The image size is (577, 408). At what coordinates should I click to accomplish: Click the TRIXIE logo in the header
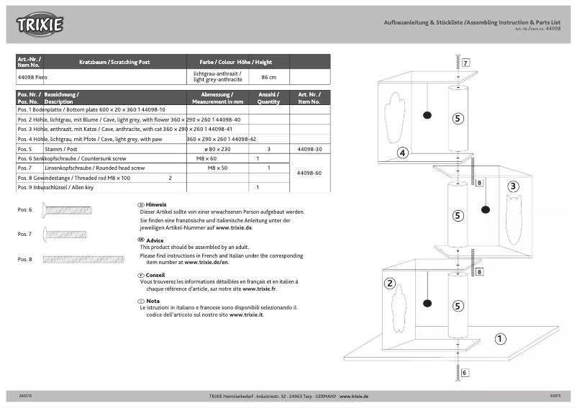pos(40,25)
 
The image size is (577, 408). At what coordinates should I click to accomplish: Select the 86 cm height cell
pos(268,77)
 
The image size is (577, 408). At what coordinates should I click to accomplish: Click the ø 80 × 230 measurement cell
pos(217,149)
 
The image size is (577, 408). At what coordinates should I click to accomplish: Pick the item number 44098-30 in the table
pos(309,149)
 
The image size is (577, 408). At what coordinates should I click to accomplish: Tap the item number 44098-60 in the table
pos(309,173)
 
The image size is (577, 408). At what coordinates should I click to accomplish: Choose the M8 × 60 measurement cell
pos(206,158)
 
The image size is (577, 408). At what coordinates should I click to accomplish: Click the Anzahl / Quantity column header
pos(268,99)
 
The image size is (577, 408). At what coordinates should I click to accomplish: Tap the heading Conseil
pos(155,275)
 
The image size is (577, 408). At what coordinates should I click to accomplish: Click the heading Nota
pos(153,301)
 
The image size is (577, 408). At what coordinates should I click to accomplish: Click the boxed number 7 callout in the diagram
pos(465,63)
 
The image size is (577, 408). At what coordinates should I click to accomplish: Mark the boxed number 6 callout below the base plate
pos(465,373)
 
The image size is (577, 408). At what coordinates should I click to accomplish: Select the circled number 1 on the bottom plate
pos(501,338)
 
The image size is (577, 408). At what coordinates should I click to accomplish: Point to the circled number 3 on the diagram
pos(513,186)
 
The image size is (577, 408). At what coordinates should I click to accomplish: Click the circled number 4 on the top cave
pos(402,153)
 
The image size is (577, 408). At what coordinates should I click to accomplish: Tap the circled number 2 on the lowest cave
pos(389,283)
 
